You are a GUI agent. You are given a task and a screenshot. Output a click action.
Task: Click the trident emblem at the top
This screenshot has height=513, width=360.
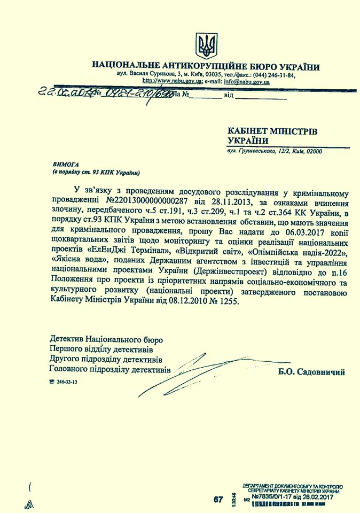pos(205,45)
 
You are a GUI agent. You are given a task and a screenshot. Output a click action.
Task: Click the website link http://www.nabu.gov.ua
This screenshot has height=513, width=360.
pos(170,82)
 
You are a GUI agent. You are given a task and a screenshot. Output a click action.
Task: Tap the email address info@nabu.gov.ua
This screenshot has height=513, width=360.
pos(246,82)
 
